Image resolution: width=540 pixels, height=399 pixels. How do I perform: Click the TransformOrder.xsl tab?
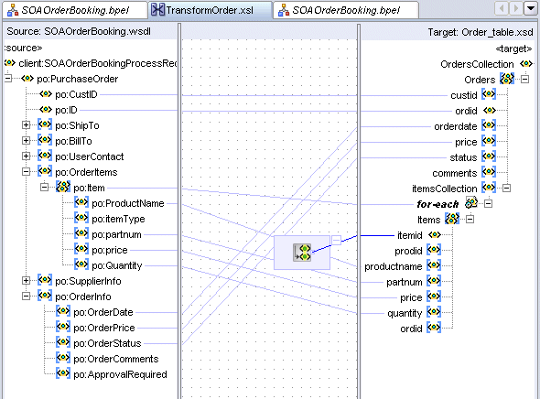[210, 10]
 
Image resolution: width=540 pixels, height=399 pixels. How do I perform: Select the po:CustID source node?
[76, 94]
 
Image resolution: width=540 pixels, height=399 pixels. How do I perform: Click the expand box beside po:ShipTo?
[26, 125]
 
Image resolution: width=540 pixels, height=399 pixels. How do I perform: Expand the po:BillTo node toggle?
[26, 140]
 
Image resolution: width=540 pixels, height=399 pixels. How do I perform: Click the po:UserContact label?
[89, 156]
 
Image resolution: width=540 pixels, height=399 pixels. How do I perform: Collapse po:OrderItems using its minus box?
[26, 171]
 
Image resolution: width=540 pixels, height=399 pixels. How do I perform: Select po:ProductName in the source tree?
[128, 203]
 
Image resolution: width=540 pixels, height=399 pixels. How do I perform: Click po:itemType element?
[118, 219]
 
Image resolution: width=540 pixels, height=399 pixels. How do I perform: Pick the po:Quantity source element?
[117, 265]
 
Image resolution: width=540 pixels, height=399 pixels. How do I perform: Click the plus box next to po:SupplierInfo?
[26, 281]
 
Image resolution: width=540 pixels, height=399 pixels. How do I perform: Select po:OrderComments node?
[115, 359]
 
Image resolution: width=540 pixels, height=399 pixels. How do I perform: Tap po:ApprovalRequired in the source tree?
[120, 374]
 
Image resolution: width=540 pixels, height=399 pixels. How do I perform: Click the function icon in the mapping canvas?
[302, 253]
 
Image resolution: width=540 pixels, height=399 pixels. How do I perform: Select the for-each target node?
[437, 204]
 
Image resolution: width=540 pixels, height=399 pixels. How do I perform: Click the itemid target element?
[409, 235]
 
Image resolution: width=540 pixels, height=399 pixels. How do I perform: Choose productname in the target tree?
[393, 266]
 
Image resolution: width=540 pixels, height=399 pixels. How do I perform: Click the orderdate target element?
[455, 126]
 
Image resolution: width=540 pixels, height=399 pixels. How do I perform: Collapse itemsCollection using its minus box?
[506, 188]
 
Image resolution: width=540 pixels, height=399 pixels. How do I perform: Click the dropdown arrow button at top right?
[531, 8]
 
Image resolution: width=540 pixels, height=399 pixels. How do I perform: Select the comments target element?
[455, 173]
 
